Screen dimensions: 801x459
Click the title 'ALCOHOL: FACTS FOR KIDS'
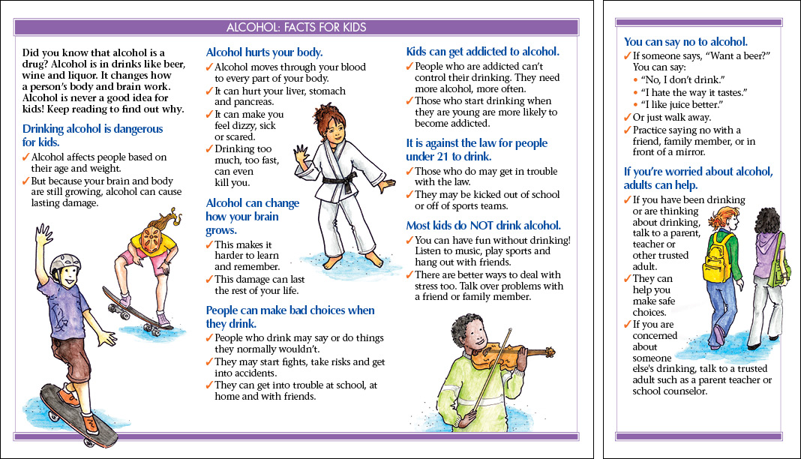pos(296,27)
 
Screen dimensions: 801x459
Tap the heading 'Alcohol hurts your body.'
pos(264,52)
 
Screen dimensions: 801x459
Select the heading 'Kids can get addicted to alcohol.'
pos(483,52)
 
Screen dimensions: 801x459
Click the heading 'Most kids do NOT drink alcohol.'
pos(483,226)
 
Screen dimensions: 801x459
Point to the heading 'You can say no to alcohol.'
pos(685,42)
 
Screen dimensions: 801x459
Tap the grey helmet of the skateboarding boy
pos(65,263)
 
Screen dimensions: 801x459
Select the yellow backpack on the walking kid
pos(717,258)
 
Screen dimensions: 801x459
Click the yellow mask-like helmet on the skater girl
pos(152,239)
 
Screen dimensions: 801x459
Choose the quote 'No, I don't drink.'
pos(682,79)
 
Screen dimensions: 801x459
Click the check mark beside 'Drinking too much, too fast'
pos(209,148)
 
